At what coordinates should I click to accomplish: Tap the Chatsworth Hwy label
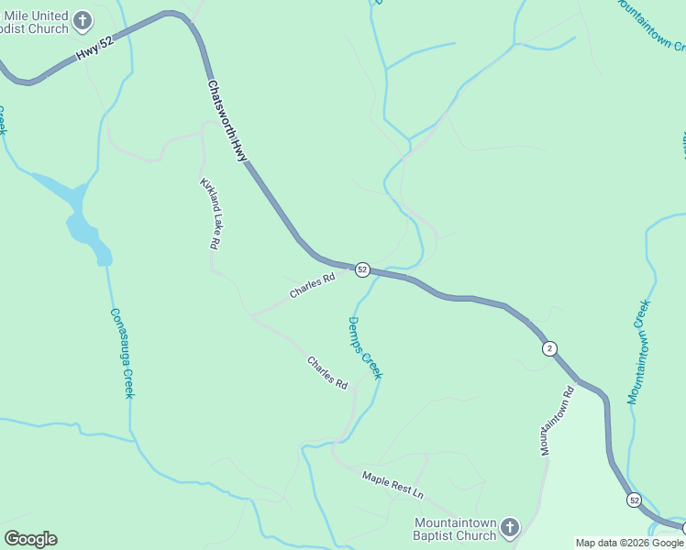pos(227,120)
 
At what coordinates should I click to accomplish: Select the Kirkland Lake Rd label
pos(210,214)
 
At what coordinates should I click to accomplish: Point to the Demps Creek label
pos(365,347)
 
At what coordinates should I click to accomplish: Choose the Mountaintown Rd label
pos(557,422)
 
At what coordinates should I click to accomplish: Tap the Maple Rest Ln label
pos(393,484)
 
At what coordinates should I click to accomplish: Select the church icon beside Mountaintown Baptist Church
pos(510,528)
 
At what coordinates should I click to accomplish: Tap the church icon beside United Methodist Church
pos(82,20)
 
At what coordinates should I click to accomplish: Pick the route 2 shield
pos(548,348)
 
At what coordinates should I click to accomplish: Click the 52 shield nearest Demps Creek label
pos(362,269)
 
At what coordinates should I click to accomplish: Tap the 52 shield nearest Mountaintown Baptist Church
pos(634,500)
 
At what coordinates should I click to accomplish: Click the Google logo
pos(30,539)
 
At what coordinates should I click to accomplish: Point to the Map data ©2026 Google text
pos(629,543)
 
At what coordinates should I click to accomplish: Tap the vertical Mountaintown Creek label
pos(639,352)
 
